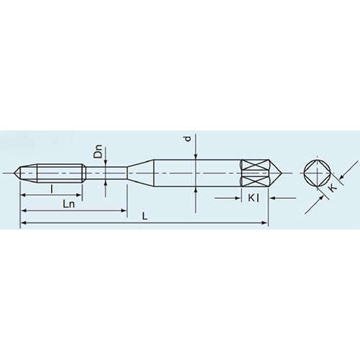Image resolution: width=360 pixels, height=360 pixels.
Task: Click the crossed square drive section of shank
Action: tap(253, 173)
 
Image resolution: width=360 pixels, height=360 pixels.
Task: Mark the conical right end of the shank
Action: tap(274, 173)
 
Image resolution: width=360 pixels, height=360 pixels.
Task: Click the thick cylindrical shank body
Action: tap(198, 173)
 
